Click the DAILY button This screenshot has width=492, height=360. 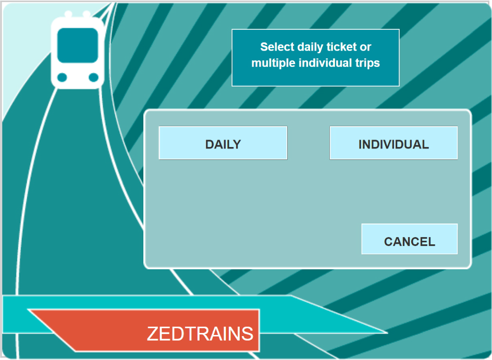pyautogui.click(x=223, y=143)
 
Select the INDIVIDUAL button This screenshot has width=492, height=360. pyautogui.click(x=393, y=143)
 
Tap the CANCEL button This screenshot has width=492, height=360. pyautogui.click(x=410, y=239)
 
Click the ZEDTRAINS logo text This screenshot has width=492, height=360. pyautogui.click(x=200, y=333)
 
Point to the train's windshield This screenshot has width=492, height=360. pyautogui.click(x=78, y=45)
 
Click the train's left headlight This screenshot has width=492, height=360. pyautogui.click(x=62, y=77)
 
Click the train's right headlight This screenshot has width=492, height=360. pyautogui.click(x=93, y=77)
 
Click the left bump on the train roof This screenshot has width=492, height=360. pyautogui.click(x=68, y=14)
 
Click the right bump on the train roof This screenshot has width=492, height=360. pyautogui.click(x=87, y=14)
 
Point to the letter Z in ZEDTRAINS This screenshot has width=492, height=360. pyautogui.click(x=153, y=333)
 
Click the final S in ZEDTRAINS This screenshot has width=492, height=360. pyautogui.click(x=247, y=333)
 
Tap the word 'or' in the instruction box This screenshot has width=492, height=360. pyautogui.click(x=365, y=47)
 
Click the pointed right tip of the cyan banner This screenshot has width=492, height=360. pyautogui.click(x=387, y=332)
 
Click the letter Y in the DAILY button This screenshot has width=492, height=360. pyautogui.click(x=236, y=144)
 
